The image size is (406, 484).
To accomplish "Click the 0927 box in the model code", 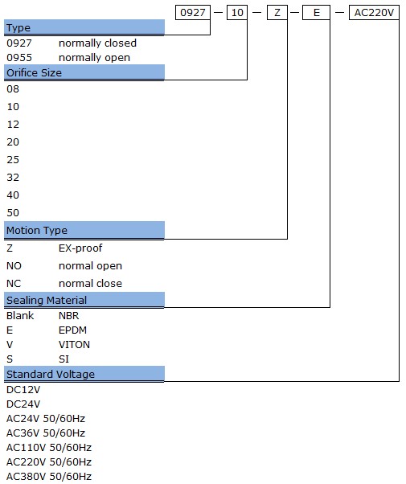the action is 193,13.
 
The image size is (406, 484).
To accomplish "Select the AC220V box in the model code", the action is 374,13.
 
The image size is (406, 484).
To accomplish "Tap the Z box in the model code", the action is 277,13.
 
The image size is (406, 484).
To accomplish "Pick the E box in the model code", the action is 316,13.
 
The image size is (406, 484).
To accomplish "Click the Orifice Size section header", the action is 84,73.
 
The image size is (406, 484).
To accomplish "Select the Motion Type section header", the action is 84,230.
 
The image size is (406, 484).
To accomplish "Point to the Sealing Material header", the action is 84,300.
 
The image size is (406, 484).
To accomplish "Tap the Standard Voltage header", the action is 84,374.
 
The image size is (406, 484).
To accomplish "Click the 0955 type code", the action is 19,58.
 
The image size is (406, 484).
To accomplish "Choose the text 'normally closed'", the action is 97,43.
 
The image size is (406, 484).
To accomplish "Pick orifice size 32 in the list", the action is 13,178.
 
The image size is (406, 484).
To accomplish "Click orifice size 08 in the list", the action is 13,89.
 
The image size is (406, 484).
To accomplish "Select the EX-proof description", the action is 80,248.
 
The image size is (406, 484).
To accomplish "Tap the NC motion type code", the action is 14,283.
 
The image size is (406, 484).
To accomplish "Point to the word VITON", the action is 74,345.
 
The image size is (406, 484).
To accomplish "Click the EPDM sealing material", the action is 72,330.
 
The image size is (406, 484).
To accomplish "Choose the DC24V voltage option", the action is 23,404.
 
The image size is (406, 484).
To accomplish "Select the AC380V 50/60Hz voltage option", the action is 49,477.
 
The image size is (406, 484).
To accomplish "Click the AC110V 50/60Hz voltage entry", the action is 49,448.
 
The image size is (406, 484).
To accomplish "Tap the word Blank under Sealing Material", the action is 20,316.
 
